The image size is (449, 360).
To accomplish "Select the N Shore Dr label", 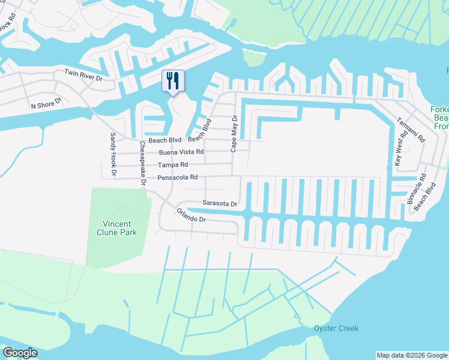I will pyautogui.click(x=47, y=104).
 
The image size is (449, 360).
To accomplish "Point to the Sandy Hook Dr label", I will pyautogui.click(x=113, y=155).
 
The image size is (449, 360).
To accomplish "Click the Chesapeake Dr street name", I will pyautogui.click(x=142, y=163).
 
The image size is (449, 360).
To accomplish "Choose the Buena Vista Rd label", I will pyautogui.click(x=181, y=152).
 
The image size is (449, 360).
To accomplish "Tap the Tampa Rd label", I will pyautogui.click(x=173, y=165).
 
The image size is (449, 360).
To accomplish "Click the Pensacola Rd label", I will pyautogui.click(x=178, y=178).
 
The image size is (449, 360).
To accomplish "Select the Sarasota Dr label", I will pyautogui.click(x=220, y=203).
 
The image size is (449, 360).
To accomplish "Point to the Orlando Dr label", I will pyautogui.click(x=191, y=215).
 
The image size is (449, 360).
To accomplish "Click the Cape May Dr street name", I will pyautogui.click(x=235, y=134).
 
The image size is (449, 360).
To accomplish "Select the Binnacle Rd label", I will pyautogui.click(x=415, y=190).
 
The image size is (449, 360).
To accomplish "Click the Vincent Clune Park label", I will pyautogui.click(x=116, y=228).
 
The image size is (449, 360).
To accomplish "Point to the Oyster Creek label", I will pyautogui.click(x=336, y=328).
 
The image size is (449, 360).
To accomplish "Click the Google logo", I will pyautogui.click(x=20, y=353).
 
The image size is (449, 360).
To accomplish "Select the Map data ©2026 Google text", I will pyautogui.click(x=411, y=355).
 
